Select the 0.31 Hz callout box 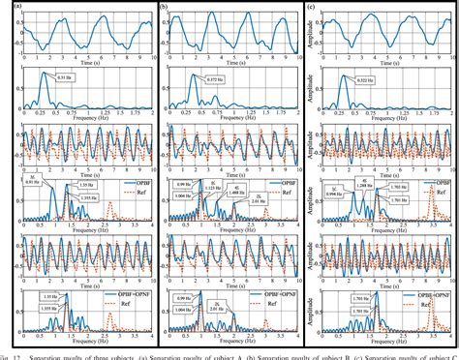[x=66, y=78]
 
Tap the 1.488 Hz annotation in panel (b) [x=232, y=193]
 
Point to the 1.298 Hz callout [x=363, y=184]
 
